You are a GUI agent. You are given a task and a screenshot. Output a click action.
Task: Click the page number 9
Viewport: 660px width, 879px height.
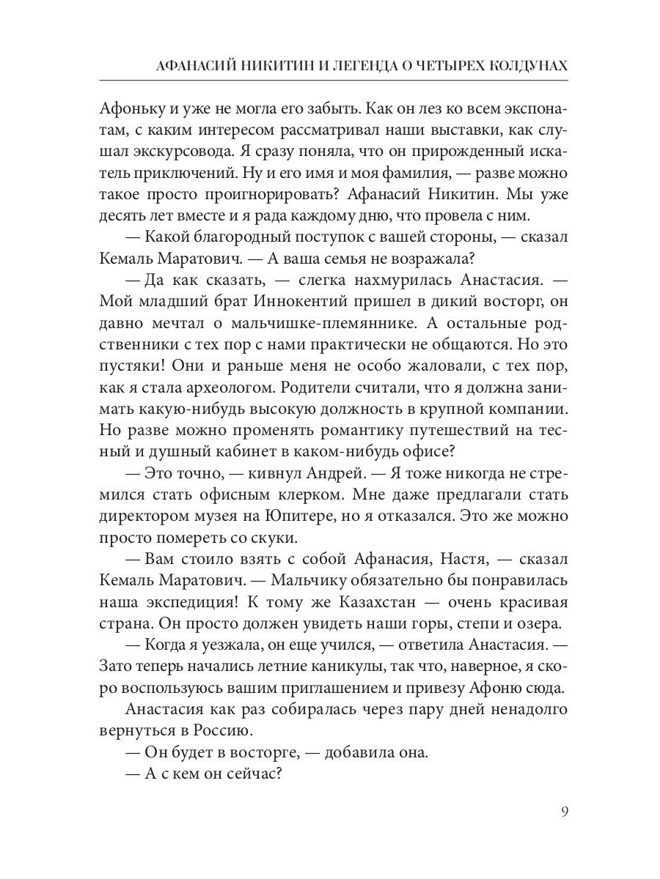click(564, 811)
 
